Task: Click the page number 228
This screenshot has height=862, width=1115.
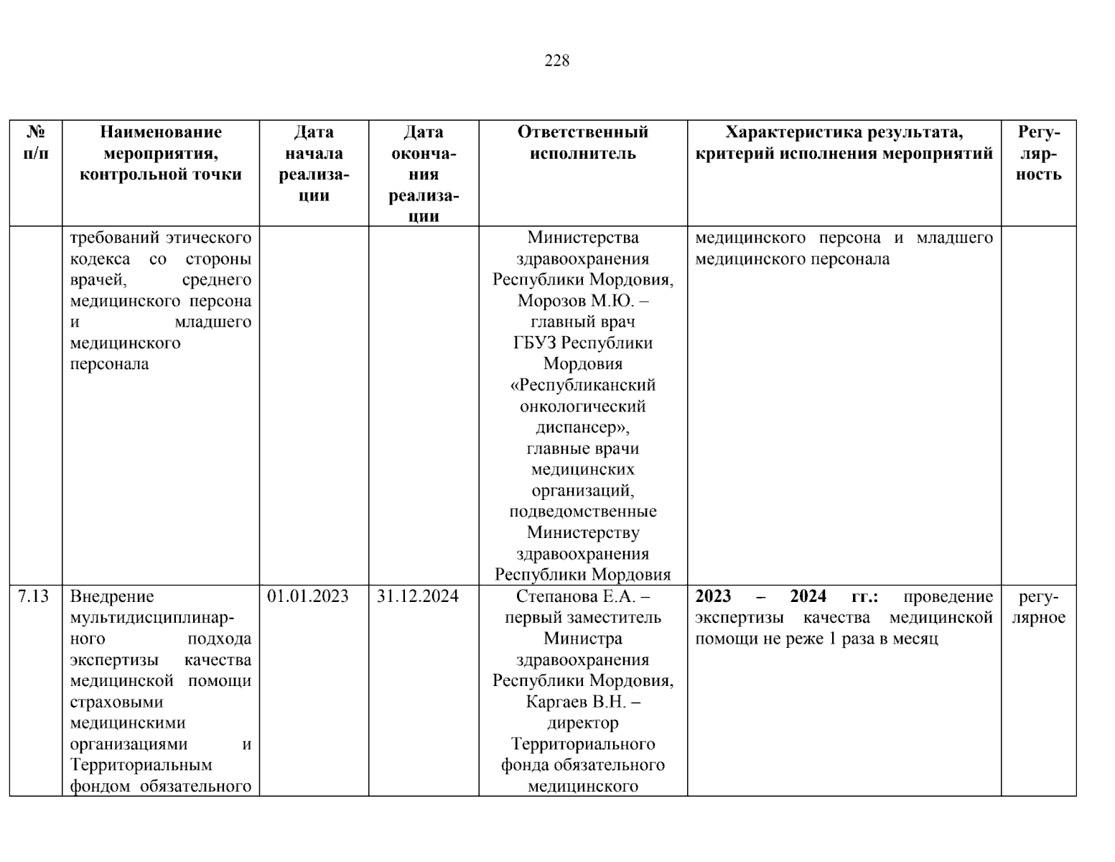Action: [557, 61]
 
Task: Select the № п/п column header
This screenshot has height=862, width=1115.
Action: [36, 142]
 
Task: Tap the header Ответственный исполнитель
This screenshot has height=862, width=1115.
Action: [582, 142]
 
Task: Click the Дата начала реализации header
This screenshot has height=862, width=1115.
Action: [314, 163]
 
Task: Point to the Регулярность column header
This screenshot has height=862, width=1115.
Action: [1038, 153]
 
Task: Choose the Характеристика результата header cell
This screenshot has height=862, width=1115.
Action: [844, 142]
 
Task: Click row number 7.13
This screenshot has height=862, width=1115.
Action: [34, 596]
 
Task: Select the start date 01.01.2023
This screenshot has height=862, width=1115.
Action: [307, 596]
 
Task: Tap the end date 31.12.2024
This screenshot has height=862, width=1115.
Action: [417, 596]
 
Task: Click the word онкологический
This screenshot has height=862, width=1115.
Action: [583, 407]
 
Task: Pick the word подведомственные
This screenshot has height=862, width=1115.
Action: [583, 512]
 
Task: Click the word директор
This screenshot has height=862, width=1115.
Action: [583, 723]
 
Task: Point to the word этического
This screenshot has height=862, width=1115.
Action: [208, 238]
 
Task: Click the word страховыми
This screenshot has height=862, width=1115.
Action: [116, 702]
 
